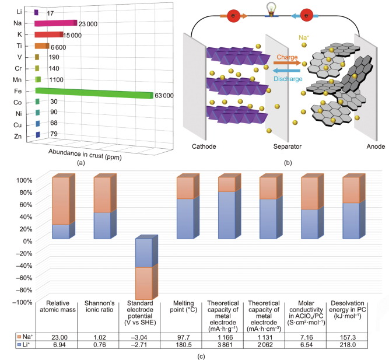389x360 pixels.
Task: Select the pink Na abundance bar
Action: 55,23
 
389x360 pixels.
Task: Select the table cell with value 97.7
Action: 181,338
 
